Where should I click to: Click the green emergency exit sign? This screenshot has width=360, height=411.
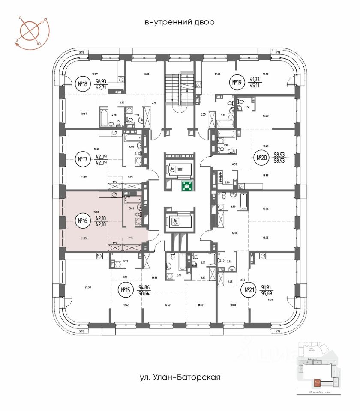point(186,186)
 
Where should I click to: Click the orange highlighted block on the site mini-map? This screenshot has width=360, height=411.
point(317,381)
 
